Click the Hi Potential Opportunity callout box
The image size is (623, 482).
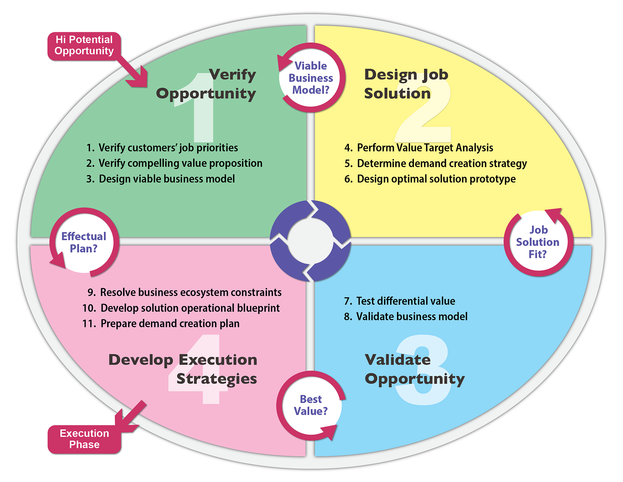(x=84, y=46)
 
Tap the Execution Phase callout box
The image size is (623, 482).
(x=84, y=439)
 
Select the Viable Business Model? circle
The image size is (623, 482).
(x=311, y=78)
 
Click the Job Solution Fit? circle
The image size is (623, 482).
(x=538, y=242)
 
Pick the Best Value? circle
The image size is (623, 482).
(x=311, y=405)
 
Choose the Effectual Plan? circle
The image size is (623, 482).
(x=84, y=242)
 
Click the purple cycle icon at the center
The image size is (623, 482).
(x=310, y=241)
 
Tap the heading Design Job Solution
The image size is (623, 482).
(x=406, y=84)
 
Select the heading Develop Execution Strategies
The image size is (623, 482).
(x=183, y=369)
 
